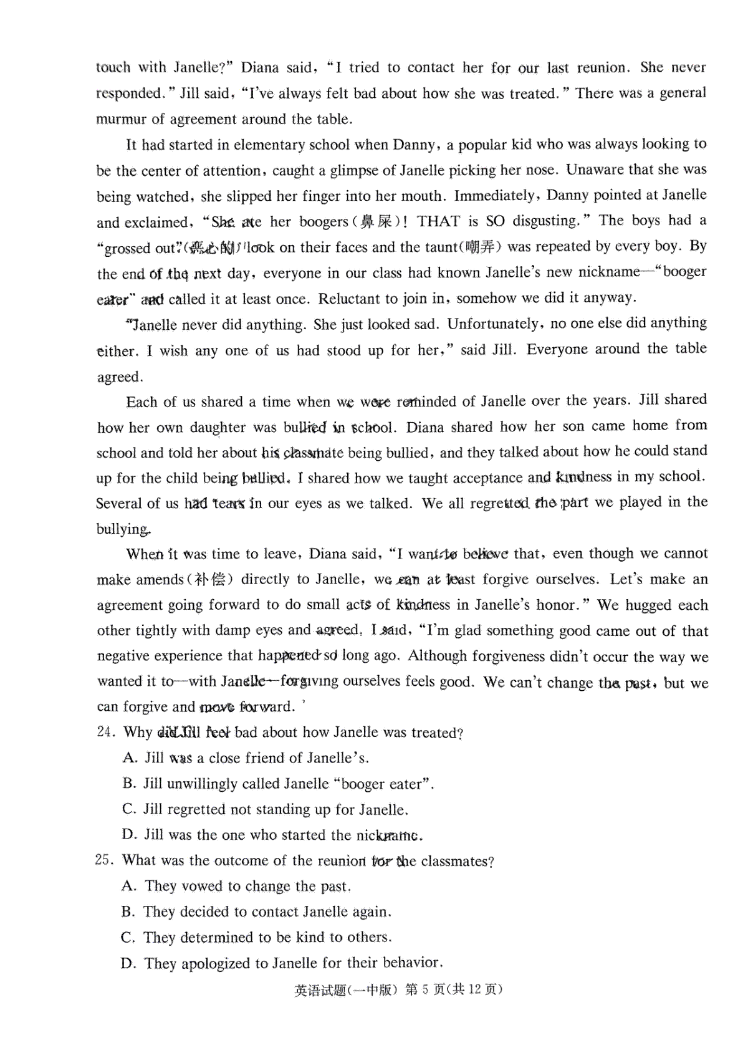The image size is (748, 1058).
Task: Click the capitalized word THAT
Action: [438, 221]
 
